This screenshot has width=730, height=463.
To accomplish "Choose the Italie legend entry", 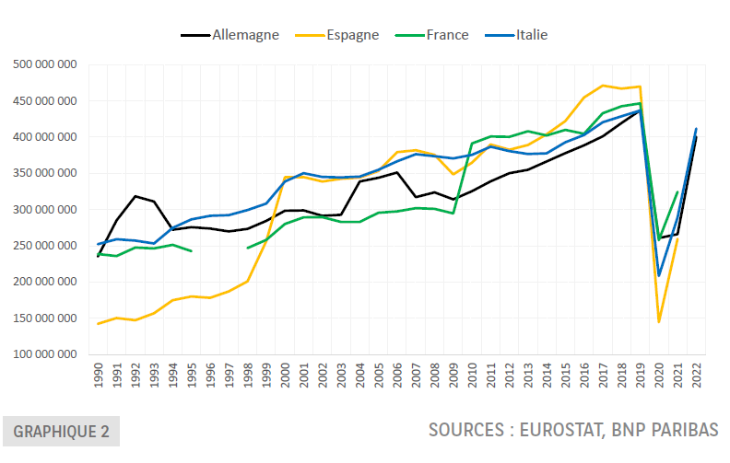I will pyautogui.click(x=532, y=35).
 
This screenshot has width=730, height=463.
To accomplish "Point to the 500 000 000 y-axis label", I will pyautogui.click(x=43, y=64).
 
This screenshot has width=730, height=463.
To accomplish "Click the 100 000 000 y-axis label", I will pyautogui.click(x=43, y=354).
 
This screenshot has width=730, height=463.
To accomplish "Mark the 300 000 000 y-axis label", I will pyautogui.click(x=43, y=210).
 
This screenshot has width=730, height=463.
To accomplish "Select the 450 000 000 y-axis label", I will pyautogui.click(x=43, y=101).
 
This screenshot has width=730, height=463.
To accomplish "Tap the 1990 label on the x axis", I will pyautogui.click(x=98, y=375).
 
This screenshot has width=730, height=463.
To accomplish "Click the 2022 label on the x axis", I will pyautogui.click(x=696, y=375).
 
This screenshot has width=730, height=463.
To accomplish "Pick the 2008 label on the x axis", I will pyautogui.click(x=434, y=375).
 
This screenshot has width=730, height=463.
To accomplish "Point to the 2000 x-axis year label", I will pyautogui.click(x=285, y=375).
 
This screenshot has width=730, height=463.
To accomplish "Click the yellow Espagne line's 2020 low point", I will pyautogui.click(x=658, y=322).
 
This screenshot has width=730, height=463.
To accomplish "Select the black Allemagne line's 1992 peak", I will pyautogui.click(x=135, y=196).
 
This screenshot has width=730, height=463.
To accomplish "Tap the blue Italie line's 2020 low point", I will pyautogui.click(x=658, y=275).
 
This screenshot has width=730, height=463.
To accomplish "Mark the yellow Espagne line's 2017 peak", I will pyautogui.click(x=603, y=86).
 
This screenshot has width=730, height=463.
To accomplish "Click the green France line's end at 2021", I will pyautogui.click(x=677, y=192).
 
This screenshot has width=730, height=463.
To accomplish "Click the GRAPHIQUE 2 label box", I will pyautogui.click(x=61, y=431).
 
